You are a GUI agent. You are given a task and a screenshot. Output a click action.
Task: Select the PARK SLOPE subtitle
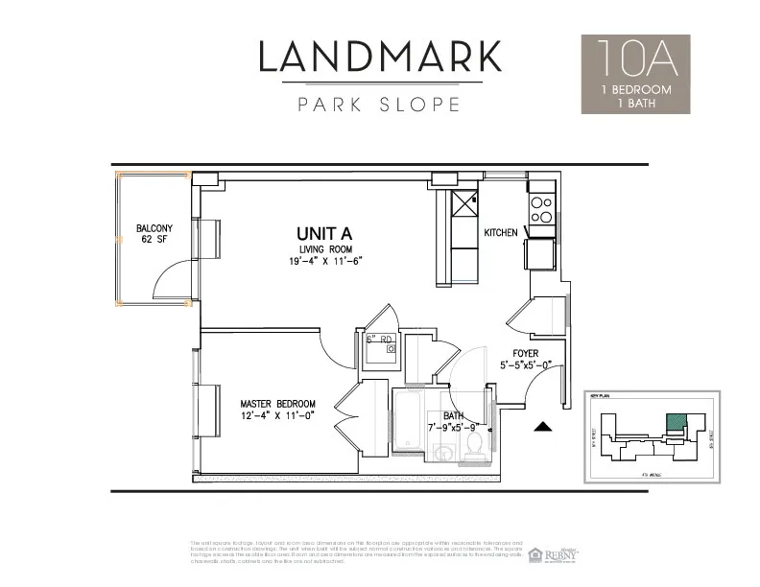click(380, 104)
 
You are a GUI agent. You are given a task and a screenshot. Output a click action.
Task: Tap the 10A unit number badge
click(635, 59)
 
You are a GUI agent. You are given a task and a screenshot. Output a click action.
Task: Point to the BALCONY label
click(154, 228)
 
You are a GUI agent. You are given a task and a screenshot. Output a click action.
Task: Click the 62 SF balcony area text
click(154, 240)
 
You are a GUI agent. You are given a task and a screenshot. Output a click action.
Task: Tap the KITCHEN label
click(500, 233)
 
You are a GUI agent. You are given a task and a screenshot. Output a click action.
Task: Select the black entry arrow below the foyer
click(543, 427)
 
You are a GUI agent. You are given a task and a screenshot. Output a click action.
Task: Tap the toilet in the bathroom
click(474, 446)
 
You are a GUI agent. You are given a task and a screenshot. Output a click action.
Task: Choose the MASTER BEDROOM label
click(278, 404)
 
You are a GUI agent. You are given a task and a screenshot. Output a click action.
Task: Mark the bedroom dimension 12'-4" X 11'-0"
click(278, 417)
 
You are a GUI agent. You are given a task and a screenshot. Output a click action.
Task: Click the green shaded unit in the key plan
click(677, 420)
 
